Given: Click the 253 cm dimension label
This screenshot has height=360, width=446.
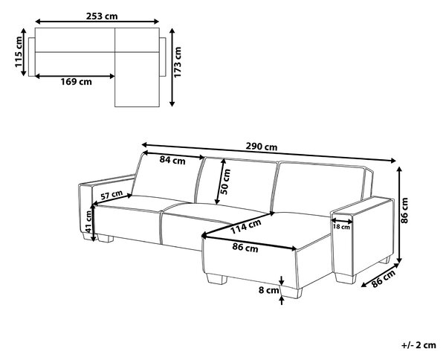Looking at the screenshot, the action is pyautogui.click(x=102, y=16).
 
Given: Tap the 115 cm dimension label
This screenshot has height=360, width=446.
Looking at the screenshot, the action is pyautogui.click(x=19, y=52).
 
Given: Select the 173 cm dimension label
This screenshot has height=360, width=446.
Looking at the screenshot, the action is pyautogui.click(x=178, y=62).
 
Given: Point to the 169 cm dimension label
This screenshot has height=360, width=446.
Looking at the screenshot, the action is pyautogui.click(x=77, y=82).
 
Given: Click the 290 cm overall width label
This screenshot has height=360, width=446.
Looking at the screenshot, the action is pyautogui.click(x=262, y=147).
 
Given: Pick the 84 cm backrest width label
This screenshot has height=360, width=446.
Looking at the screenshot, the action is pyautogui.click(x=172, y=160).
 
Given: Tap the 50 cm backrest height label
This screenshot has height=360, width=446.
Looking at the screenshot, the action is pyautogui.click(x=226, y=181).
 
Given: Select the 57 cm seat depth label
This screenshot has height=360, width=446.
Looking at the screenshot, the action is pyautogui.click(x=111, y=195).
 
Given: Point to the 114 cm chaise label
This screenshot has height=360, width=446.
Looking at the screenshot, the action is pyautogui.click(x=245, y=226).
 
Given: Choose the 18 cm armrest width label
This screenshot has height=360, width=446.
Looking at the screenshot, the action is pyautogui.click(x=341, y=227).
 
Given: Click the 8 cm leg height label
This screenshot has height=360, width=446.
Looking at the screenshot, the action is pyautogui.click(x=269, y=290).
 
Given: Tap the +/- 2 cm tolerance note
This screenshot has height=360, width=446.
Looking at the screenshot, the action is pyautogui.click(x=418, y=345).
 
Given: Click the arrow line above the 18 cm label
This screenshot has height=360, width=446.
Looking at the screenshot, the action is pyautogui.click(x=342, y=221).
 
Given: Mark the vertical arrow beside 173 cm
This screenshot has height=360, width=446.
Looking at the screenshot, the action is pyautogui.click(x=172, y=67).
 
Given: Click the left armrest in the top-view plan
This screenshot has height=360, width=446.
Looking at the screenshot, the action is pyautogui.click(x=31, y=57).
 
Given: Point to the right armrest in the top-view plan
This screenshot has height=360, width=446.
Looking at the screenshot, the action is pyautogui.click(x=162, y=57).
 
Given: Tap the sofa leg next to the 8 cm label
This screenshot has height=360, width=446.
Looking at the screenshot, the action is pyautogui.click(x=291, y=292).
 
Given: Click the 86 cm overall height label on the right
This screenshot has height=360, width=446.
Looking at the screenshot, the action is pyautogui.click(x=405, y=210).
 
